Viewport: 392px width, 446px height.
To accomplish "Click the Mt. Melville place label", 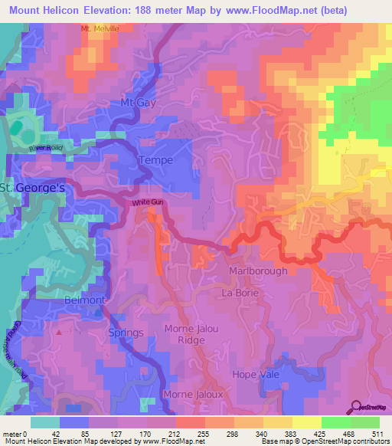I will coord(101,28).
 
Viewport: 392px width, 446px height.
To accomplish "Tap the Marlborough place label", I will coord(258,271).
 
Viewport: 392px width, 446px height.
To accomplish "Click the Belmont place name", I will coord(84,300).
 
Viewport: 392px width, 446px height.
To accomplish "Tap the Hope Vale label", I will coord(256,374).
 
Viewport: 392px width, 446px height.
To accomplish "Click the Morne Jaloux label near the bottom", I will coord(193,394).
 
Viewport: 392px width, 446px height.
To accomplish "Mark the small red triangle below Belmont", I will coord(58,333).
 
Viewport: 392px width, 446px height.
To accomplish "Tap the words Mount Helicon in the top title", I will coord(41,11).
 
